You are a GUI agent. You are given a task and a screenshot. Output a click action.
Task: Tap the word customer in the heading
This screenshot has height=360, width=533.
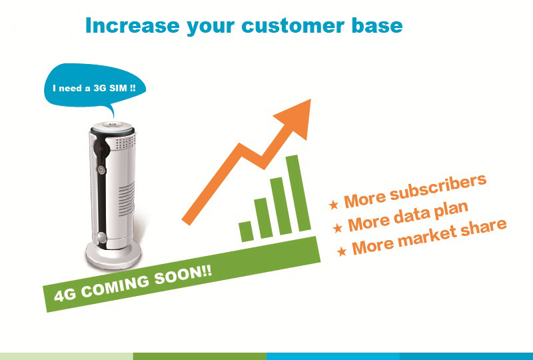(x=292, y=26)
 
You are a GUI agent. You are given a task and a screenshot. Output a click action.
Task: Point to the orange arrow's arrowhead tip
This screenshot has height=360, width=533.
(x=310, y=99)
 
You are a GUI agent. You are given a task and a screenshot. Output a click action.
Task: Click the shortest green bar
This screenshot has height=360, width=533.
(x=246, y=231)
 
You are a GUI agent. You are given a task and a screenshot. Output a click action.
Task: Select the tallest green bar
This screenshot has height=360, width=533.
(x=298, y=193)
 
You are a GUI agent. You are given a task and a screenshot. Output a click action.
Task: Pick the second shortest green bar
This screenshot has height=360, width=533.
(x=263, y=218)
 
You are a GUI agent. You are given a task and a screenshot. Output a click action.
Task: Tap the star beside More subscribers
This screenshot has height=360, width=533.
(x=334, y=204)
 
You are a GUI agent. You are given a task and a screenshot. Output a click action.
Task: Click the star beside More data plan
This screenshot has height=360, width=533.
(x=338, y=227)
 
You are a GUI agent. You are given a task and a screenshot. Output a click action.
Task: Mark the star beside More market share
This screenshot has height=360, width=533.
(x=342, y=251)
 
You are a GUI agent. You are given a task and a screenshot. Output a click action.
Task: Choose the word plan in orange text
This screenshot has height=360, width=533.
(x=452, y=211)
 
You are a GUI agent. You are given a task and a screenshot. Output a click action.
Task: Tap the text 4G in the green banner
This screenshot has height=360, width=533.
(x=65, y=295)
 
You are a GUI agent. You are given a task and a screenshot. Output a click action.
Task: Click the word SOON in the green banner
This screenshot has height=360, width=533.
(x=183, y=275)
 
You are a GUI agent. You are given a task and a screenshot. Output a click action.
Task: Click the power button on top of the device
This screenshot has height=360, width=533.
(x=112, y=125)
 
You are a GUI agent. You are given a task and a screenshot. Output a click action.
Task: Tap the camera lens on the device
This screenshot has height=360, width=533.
(x=101, y=148)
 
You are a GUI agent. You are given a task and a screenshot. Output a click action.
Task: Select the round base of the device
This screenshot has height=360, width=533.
(x=113, y=254)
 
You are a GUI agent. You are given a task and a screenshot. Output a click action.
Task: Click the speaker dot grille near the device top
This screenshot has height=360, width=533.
(x=125, y=143)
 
